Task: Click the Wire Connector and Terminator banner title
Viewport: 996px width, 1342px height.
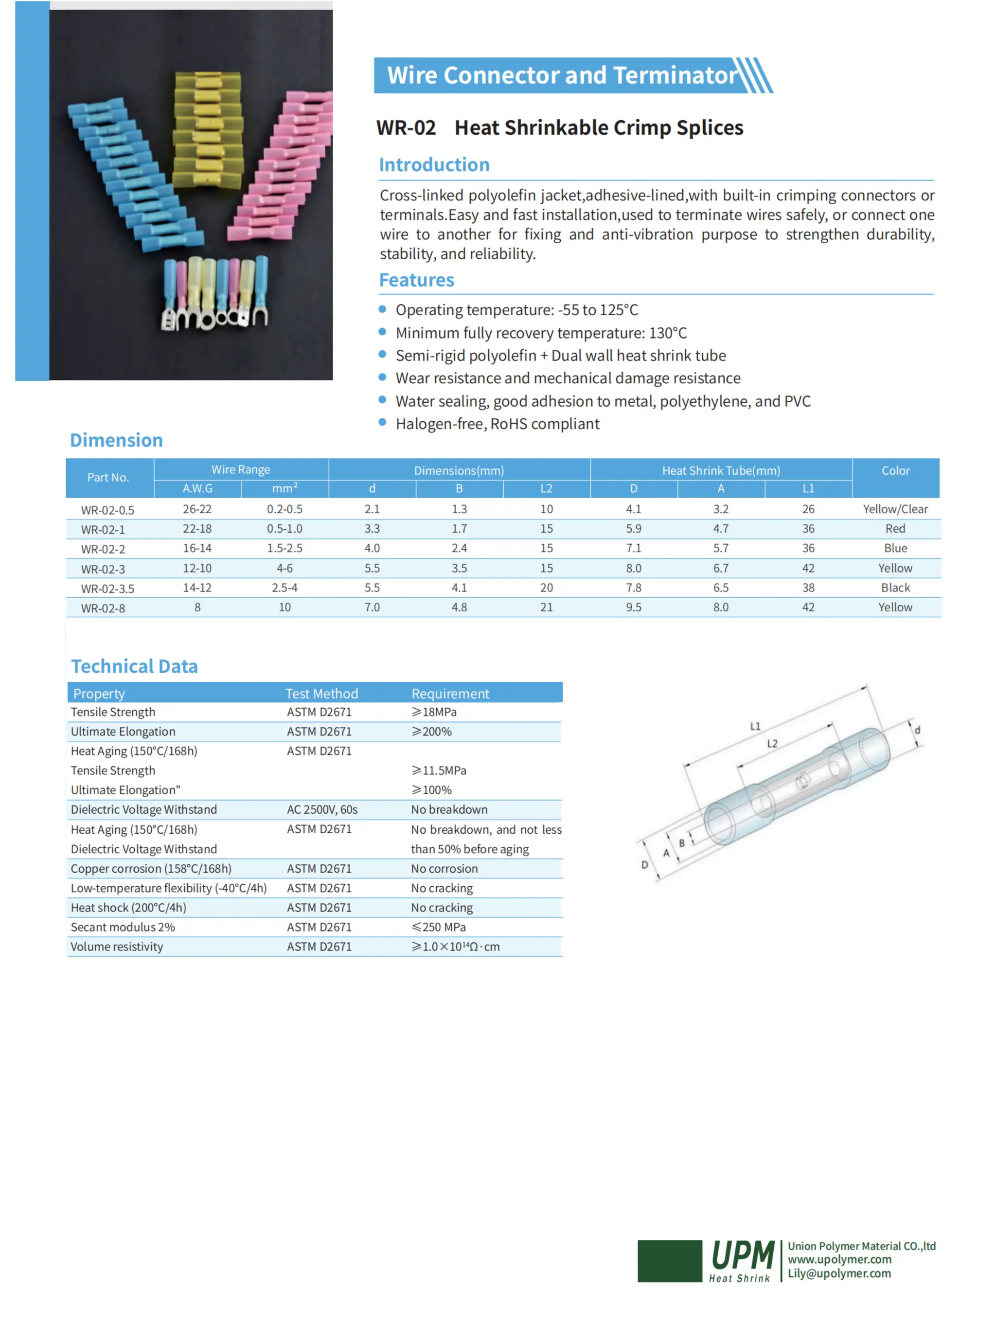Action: tap(561, 75)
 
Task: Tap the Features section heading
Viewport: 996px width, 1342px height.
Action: tap(416, 280)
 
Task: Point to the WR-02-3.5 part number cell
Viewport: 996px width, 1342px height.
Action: tap(107, 589)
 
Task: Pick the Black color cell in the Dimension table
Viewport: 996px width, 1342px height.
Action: tap(895, 588)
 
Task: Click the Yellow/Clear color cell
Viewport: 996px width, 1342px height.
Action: tap(895, 509)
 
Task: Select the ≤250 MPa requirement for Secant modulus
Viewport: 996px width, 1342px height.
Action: tap(438, 927)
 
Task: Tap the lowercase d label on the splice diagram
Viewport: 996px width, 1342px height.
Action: tap(917, 730)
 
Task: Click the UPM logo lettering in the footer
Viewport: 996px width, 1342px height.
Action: tap(742, 1255)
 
